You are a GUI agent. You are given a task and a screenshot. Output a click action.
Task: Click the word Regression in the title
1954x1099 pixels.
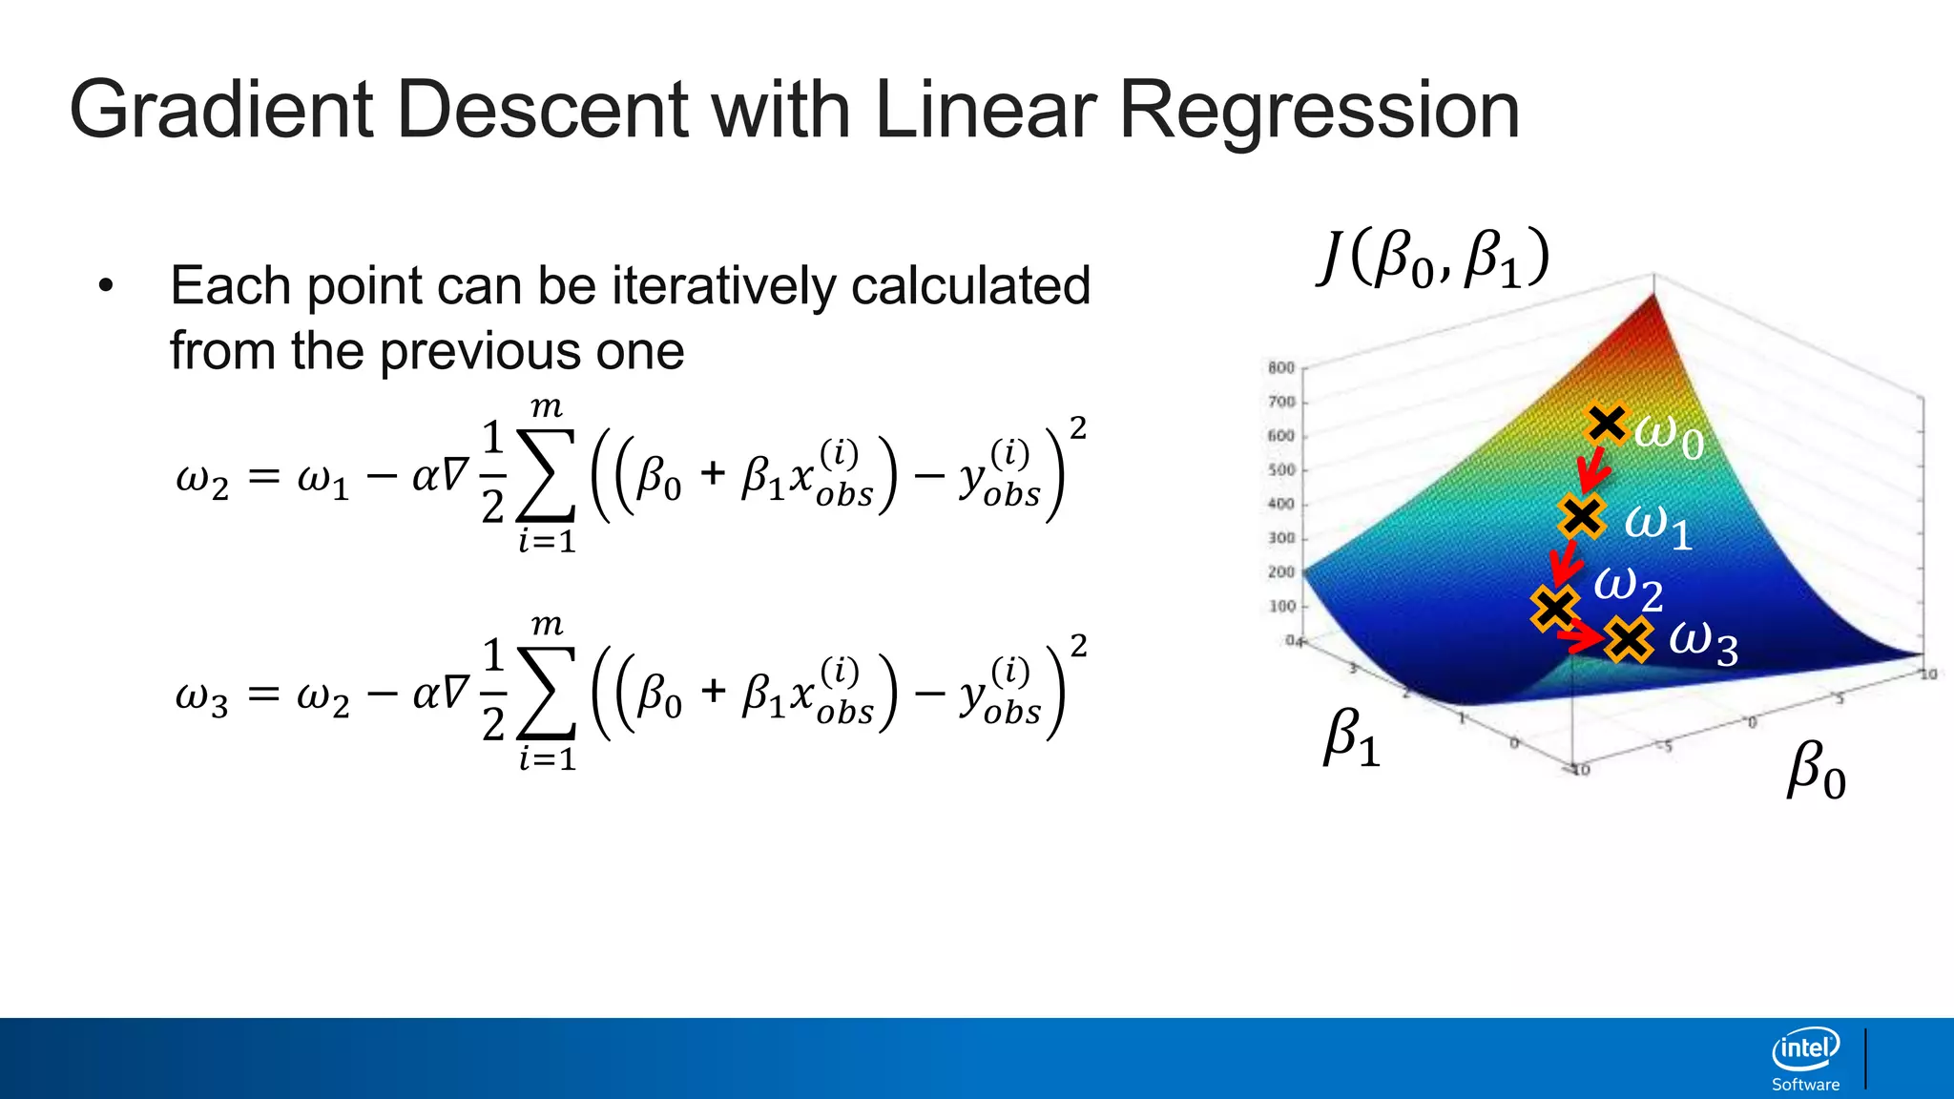pyautogui.click(x=1319, y=111)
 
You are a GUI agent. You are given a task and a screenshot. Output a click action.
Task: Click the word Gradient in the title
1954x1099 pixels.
pyautogui.click(x=221, y=111)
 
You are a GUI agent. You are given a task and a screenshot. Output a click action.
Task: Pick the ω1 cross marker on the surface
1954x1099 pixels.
pyautogui.click(x=1581, y=515)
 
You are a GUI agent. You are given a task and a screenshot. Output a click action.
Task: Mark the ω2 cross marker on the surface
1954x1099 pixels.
pyautogui.click(x=1554, y=608)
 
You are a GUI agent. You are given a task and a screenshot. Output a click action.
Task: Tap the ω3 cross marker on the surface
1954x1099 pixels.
pyautogui.click(x=1628, y=639)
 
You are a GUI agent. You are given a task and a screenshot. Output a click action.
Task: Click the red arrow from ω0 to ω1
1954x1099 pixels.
pyautogui.click(x=1592, y=469)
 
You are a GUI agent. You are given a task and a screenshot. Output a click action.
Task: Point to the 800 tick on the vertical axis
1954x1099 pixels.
pyautogui.click(x=1281, y=367)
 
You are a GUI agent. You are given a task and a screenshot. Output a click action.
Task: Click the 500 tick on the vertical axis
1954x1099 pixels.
pyautogui.click(x=1281, y=469)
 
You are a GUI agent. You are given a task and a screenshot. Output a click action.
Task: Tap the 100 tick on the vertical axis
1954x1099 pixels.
pyautogui.click(x=1281, y=606)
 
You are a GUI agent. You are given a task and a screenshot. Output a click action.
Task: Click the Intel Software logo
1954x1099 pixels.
pyautogui.click(x=1805, y=1059)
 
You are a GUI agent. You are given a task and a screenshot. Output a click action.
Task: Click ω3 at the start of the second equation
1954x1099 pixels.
pyautogui.click(x=201, y=696)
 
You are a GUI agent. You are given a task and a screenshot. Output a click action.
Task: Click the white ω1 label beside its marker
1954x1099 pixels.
pyautogui.click(x=1658, y=525)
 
